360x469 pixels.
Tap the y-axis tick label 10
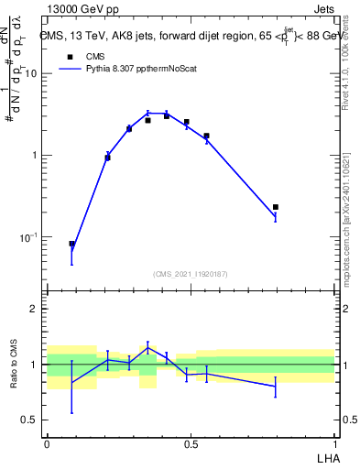(30, 73)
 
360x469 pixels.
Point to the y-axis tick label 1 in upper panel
(35, 155)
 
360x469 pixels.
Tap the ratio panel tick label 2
(35, 309)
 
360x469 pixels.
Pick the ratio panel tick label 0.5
(30, 420)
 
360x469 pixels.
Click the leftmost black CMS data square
(72, 244)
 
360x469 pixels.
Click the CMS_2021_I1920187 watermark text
(190, 274)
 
